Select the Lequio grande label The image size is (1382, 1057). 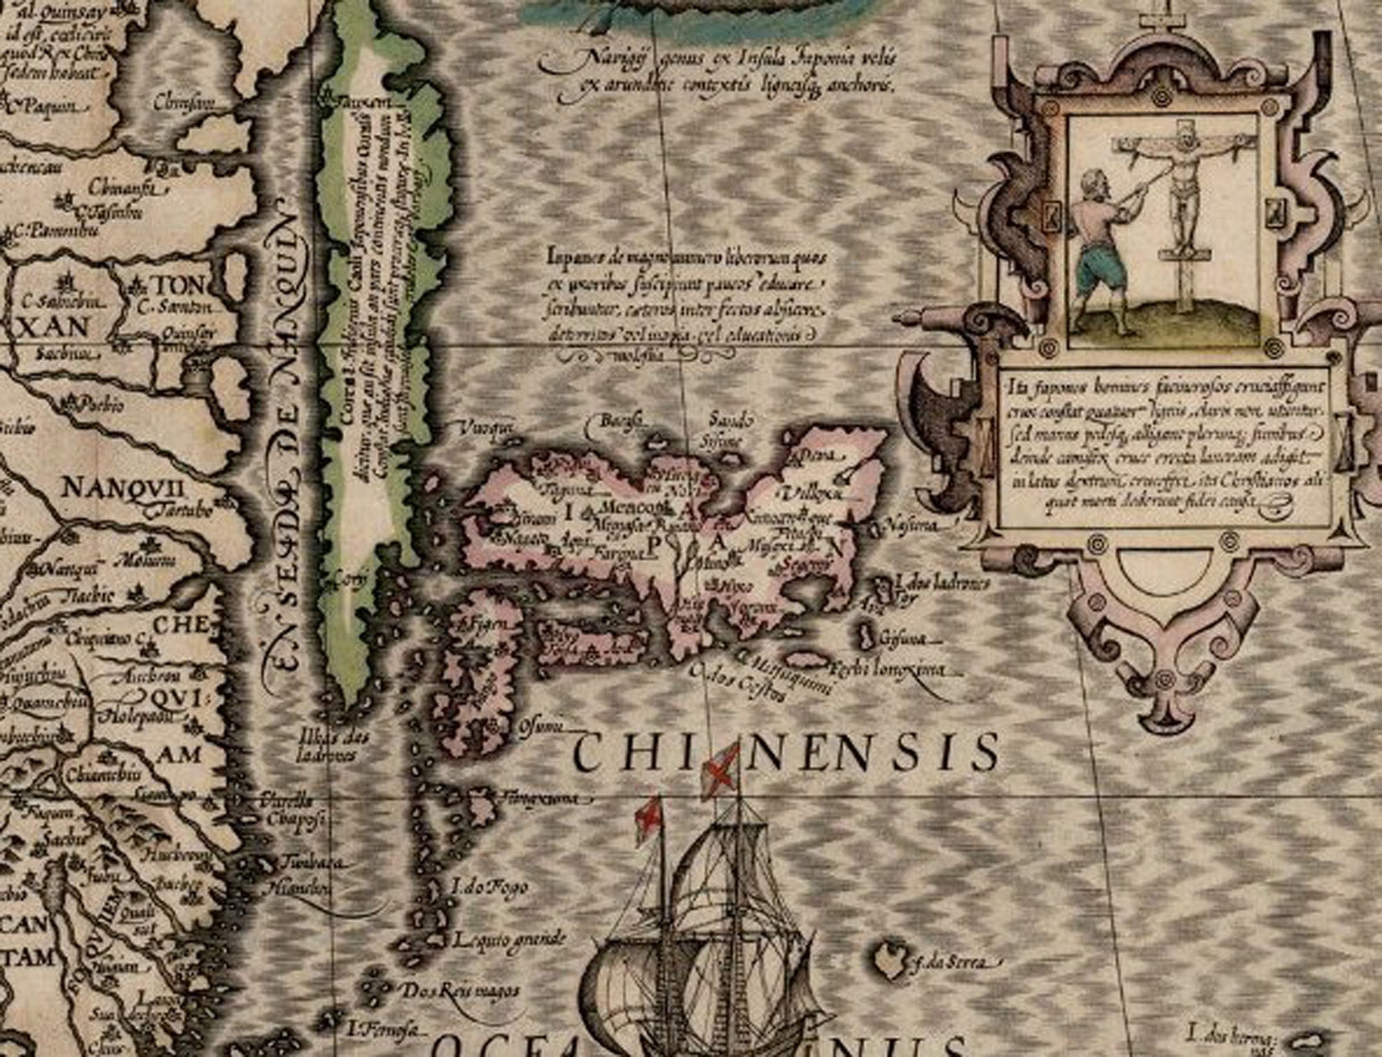tap(509, 940)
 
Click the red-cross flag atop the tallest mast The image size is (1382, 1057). tap(719, 770)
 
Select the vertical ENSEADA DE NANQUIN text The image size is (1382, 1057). tap(286, 435)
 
